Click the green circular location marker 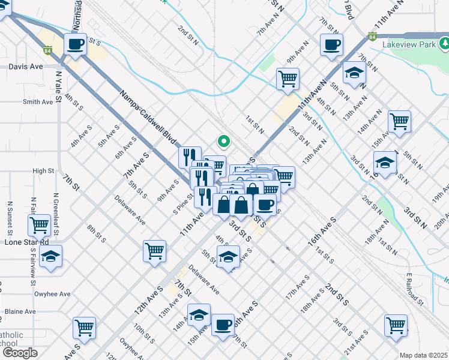coord(223,142)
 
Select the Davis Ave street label coord(26,66)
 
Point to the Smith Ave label coord(38,102)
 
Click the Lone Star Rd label coord(26,242)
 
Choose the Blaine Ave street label coord(20,311)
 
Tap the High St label coord(43,171)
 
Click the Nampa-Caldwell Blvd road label coord(147,119)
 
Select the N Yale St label coord(58,88)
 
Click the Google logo coord(19,353)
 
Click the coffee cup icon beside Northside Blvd coord(75,44)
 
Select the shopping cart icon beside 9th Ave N coord(288,78)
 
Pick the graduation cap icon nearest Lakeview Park coord(354,73)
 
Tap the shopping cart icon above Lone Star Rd coord(39,225)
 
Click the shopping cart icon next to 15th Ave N coord(399,121)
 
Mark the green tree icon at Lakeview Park coord(444,43)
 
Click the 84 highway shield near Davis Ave coord(47,50)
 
